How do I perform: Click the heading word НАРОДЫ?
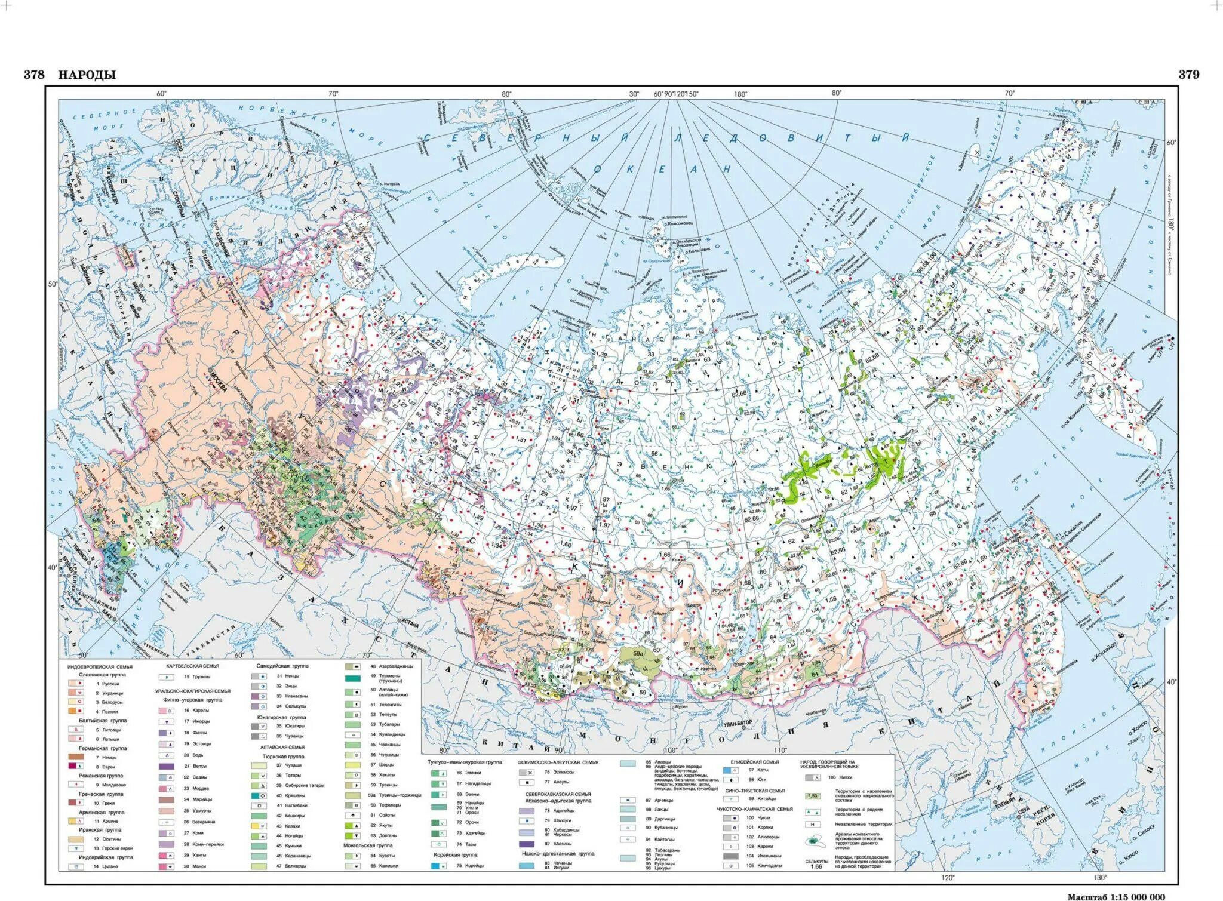tap(87, 75)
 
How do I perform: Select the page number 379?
tap(1188, 75)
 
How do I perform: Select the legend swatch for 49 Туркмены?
tap(352, 678)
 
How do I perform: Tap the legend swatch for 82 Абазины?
tap(527, 844)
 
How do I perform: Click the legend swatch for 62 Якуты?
tap(352, 826)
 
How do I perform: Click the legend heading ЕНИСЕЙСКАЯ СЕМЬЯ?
tap(754, 762)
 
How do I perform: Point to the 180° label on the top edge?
tap(741, 94)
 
